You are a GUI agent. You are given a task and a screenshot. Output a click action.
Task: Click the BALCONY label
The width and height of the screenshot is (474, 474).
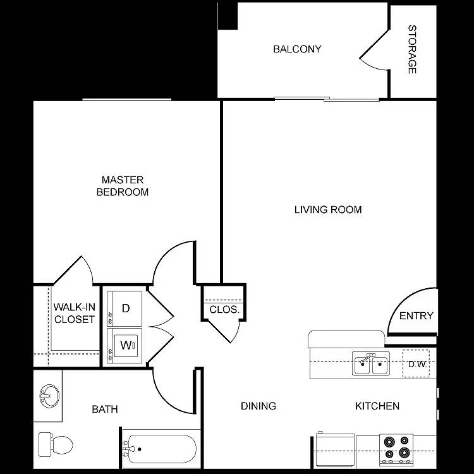[x=297, y=49]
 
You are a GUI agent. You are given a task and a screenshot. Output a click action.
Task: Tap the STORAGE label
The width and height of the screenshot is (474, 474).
[x=412, y=49]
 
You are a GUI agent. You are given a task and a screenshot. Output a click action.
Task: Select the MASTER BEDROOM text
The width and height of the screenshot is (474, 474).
[x=123, y=186]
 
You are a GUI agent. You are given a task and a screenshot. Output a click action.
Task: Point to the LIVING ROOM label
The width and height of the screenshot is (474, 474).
[x=328, y=210]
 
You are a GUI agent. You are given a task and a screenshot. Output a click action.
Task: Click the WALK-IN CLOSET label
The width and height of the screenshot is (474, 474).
[x=74, y=313]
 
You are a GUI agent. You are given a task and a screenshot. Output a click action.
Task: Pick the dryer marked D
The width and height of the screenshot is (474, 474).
[x=125, y=308]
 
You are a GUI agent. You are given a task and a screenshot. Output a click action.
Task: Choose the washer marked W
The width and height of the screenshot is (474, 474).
[x=125, y=346]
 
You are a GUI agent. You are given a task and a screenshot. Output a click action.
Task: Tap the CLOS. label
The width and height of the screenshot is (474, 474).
[x=224, y=310]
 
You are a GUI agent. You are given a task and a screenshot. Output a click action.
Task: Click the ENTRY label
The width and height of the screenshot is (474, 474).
[x=416, y=316]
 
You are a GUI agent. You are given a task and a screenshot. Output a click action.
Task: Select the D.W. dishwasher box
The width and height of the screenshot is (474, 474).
[x=416, y=364]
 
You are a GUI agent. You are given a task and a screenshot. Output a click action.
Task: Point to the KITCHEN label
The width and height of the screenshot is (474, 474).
[x=377, y=406]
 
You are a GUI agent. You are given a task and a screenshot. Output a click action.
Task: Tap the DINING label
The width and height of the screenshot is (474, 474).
[x=258, y=406]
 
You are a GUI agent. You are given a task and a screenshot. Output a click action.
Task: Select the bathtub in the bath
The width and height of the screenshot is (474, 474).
[x=160, y=449]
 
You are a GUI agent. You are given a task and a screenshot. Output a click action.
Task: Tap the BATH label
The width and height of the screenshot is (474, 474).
[x=105, y=410]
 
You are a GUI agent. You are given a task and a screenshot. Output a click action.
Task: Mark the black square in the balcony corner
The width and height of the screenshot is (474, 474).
[x=227, y=15]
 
